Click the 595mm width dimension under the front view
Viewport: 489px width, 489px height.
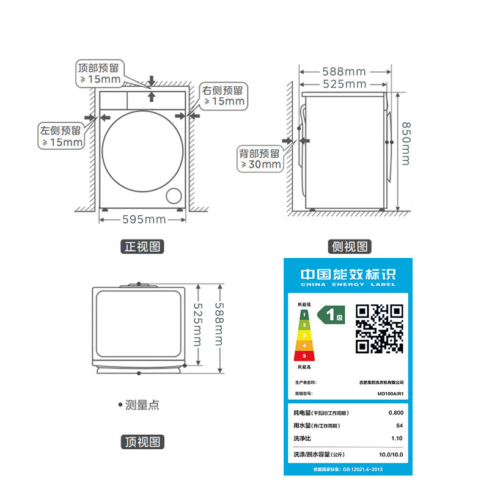point(144,219)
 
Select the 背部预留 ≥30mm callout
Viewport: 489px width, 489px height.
point(260,158)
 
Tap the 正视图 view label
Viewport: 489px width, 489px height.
point(142,247)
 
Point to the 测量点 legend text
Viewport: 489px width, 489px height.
point(142,405)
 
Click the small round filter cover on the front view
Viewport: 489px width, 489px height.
point(174,194)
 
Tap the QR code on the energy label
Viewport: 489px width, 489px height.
point(380,329)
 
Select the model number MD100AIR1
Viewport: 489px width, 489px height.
point(391,394)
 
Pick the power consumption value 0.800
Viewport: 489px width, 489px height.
point(395,413)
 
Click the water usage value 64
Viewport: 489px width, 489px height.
point(399,425)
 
